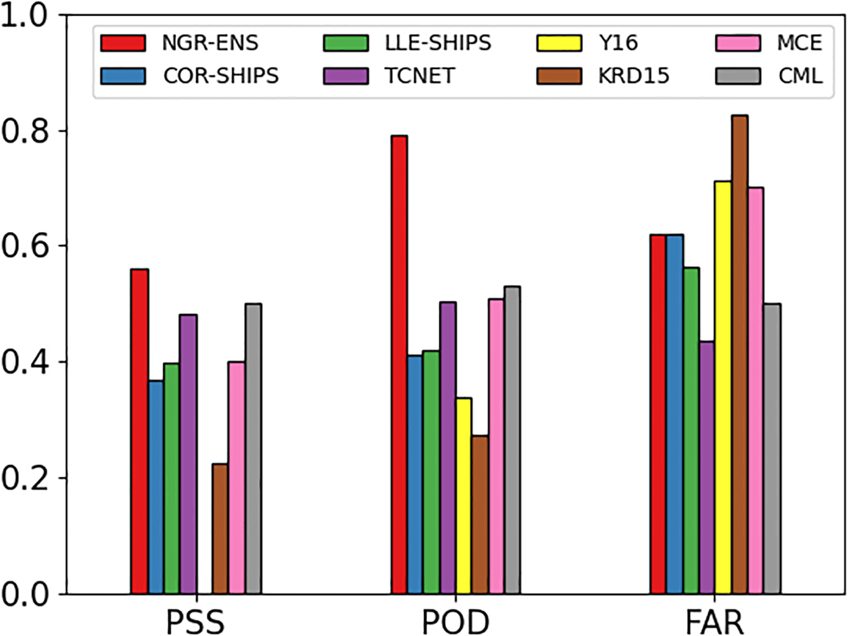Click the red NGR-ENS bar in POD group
pyautogui.click(x=399, y=366)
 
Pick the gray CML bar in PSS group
pyautogui.click(x=253, y=450)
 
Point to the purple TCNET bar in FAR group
pyautogui.click(x=706, y=468)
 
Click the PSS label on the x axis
pyautogui.click(x=195, y=622)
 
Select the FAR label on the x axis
pyautogui.click(x=714, y=622)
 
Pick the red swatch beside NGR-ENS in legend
pyautogui.click(x=123, y=43)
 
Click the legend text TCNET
pyautogui.click(x=419, y=76)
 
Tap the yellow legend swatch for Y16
pyautogui.click(x=558, y=43)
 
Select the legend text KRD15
pyautogui.click(x=633, y=76)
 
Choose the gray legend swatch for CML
pyautogui.click(x=738, y=76)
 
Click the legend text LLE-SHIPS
pyautogui.click(x=437, y=43)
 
